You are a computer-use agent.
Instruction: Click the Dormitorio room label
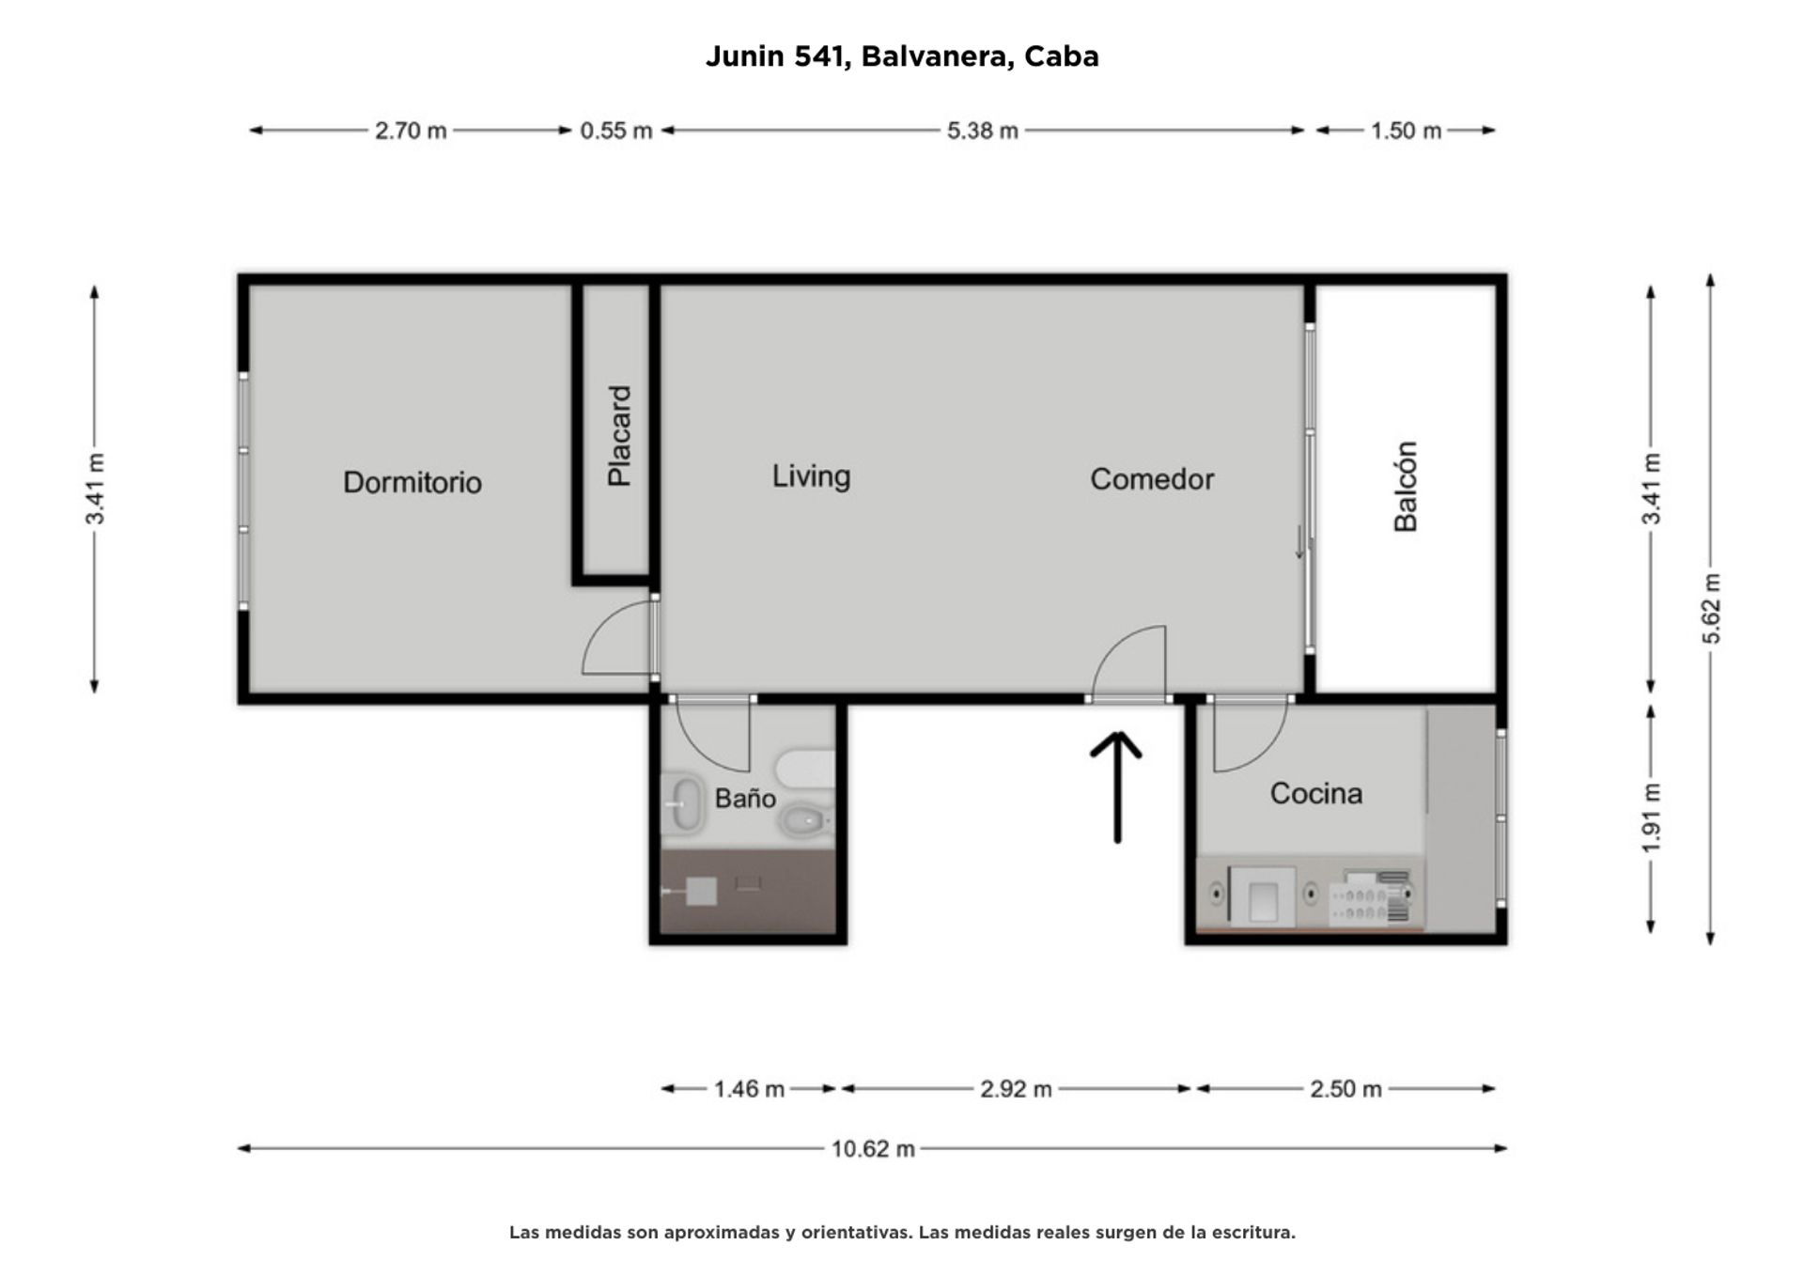click(412, 482)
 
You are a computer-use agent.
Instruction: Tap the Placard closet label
click(619, 436)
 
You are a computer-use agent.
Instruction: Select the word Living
click(811, 476)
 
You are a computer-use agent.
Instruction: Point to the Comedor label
click(1152, 479)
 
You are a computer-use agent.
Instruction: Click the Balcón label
click(1405, 487)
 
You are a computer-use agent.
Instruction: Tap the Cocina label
click(1315, 794)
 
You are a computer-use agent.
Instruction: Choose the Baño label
click(745, 798)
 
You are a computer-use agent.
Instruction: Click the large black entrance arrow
click(1116, 787)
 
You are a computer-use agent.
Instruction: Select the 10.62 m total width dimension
click(873, 1148)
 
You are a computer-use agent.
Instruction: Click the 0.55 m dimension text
click(616, 131)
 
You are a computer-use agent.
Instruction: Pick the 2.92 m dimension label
click(1016, 1089)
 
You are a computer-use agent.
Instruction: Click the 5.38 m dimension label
click(983, 131)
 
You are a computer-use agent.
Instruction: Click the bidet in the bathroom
click(804, 820)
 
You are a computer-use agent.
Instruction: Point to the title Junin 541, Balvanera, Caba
click(902, 56)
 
